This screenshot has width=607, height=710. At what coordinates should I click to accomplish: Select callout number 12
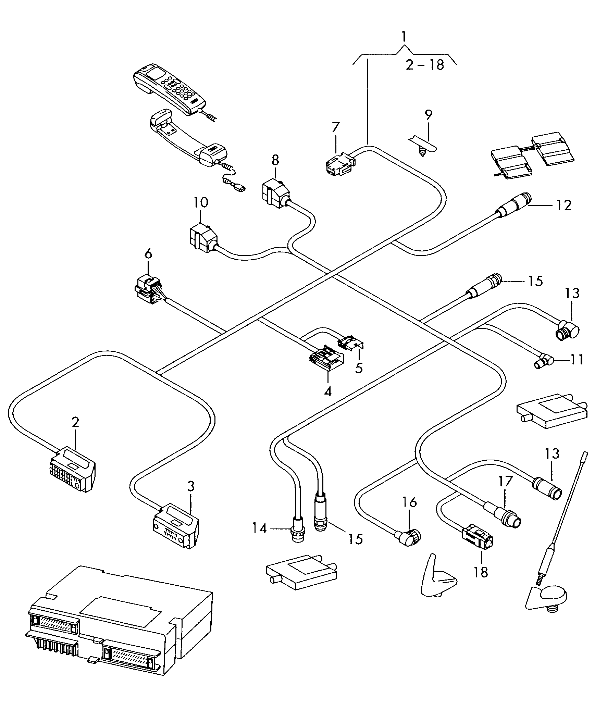[x=564, y=205]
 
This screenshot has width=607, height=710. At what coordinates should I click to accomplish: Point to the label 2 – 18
[x=425, y=65]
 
